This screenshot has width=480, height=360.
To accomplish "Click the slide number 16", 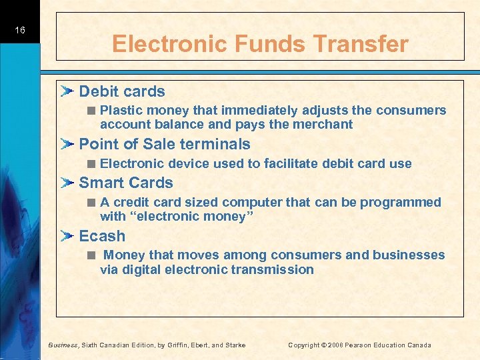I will [x=20, y=31].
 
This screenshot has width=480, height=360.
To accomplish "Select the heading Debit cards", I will [x=122, y=91].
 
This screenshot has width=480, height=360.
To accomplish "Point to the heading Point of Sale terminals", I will [x=165, y=144].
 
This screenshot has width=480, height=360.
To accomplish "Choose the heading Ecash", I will [x=102, y=236].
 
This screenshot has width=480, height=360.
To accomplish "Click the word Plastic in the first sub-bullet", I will [x=121, y=110].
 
